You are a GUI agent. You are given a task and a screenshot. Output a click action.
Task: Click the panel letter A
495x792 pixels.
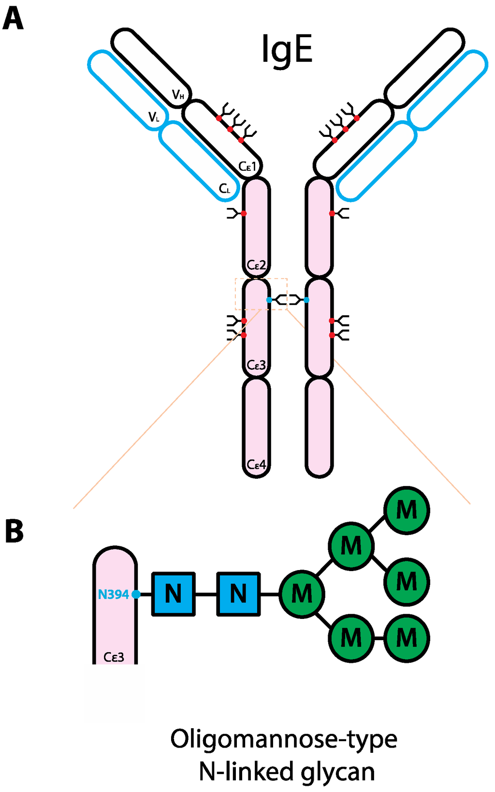pyautogui.click(x=13, y=19)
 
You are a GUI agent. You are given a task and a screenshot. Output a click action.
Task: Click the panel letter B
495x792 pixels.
pyautogui.click(x=14, y=531)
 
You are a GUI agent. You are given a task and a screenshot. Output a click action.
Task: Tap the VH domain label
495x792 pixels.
pyautogui.click(x=178, y=95)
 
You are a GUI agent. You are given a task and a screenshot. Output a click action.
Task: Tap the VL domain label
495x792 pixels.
pyautogui.click(x=154, y=117)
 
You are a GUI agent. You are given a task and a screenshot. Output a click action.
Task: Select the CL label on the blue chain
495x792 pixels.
pyautogui.click(x=225, y=189)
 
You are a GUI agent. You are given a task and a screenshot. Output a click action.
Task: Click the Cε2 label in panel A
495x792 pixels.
pyautogui.click(x=256, y=265)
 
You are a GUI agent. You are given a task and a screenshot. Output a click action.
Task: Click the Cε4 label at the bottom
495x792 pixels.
pyautogui.click(x=256, y=465)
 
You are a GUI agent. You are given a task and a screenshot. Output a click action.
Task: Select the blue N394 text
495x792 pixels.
pyautogui.click(x=113, y=594)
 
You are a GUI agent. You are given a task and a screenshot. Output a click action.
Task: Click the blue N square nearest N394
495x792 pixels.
pyautogui.click(x=174, y=594)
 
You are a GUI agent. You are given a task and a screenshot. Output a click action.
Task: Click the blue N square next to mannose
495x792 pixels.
pyautogui.click(x=238, y=594)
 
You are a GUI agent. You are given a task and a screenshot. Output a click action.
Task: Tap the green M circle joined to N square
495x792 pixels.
pyautogui.click(x=302, y=594)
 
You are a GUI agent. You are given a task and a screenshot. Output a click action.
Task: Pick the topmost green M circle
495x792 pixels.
pyautogui.click(x=407, y=510)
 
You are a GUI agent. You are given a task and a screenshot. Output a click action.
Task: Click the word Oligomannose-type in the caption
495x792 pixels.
pyautogui.click(x=284, y=739)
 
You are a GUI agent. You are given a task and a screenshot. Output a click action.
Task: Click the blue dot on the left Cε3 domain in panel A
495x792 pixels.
pyautogui.click(x=269, y=300)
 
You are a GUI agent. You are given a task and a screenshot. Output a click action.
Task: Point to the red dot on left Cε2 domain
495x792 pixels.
pyautogui.click(x=244, y=213)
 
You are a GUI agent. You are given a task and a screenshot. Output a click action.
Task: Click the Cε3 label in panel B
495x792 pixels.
pyautogui.click(x=114, y=657)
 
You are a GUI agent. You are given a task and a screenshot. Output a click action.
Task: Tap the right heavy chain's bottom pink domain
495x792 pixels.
pyautogui.click(x=319, y=427)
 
